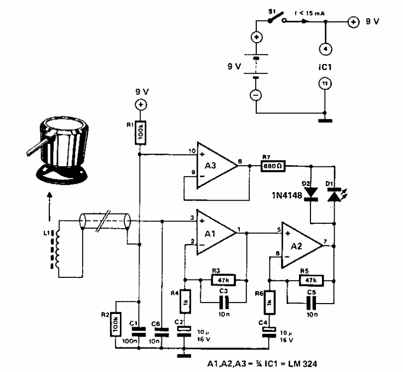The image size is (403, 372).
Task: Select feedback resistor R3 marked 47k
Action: click(x=222, y=280)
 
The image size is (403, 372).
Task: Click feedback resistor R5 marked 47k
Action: click(x=310, y=281)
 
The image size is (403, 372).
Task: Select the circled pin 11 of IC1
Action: click(x=325, y=83)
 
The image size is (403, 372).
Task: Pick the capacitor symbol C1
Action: click(x=140, y=330)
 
